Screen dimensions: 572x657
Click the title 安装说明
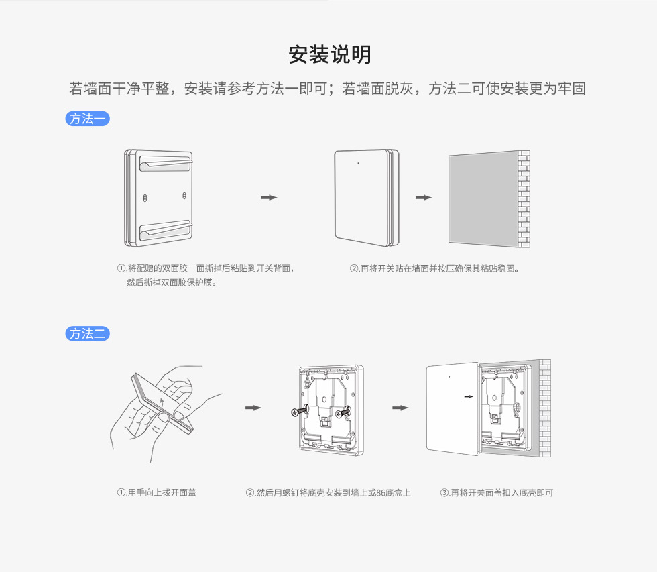pyautogui.click(x=329, y=54)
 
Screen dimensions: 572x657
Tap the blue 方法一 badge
pyautogui.click(x=87, y=119)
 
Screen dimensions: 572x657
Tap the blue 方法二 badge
pyautogui.click(x=87, y=333)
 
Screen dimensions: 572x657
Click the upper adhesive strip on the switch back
pyautogui.click(x=164, y=162)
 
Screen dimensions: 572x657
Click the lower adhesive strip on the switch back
pyautogui.click(x=164, y=232)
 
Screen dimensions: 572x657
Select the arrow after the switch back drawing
pyautogui.click(x=269, y=197)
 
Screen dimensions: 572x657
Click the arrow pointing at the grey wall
pyautogui.click(x=424, y=197)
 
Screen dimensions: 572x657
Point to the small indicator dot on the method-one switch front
pyautogui.click(x=359, y=162)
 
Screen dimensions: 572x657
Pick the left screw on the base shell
pyautogui.click(x=298, y=412)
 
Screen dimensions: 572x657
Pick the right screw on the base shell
pyautogui.click(x=343, y=412)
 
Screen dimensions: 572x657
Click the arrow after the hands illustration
pyautogui.click(x=253, y=408)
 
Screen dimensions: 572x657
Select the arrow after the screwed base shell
pyautogui.click(x=400, y=408)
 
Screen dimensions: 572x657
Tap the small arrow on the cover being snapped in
pyautogui.click(x=469, y=396)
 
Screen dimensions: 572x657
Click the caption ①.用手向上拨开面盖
pyautogui.click(x=157, y=492)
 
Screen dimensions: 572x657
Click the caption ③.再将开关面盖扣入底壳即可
pyautogui.click(x=497, y=492)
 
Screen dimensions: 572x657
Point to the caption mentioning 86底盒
pyautogui.click(x=328, y=492)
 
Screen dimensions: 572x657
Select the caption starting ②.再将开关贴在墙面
pyautogui.click(x=434, y=268)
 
